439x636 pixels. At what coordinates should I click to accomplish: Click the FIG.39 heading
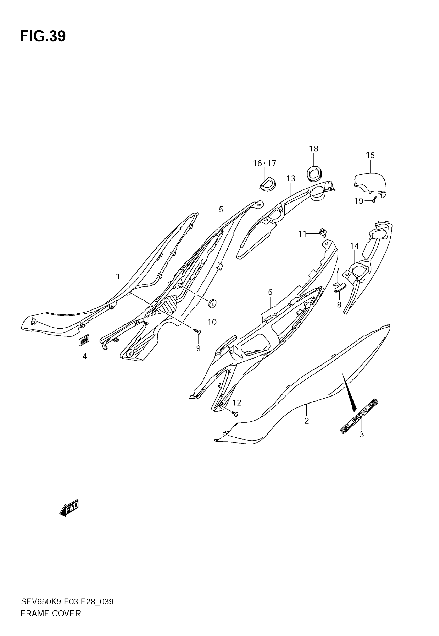[43, 36]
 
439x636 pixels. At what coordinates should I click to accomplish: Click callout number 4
[85, 356]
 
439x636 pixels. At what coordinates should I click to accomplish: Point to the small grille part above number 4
[84, 340]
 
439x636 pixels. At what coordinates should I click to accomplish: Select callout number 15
[370, 156]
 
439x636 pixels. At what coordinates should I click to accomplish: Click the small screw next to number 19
[374, 201]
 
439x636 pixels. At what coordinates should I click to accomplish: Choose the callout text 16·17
[264, 164]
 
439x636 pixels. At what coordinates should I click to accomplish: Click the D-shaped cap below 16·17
[267, 183]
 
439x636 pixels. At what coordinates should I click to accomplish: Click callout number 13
[291, 179]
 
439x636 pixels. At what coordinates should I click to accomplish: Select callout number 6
[270, 292]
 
